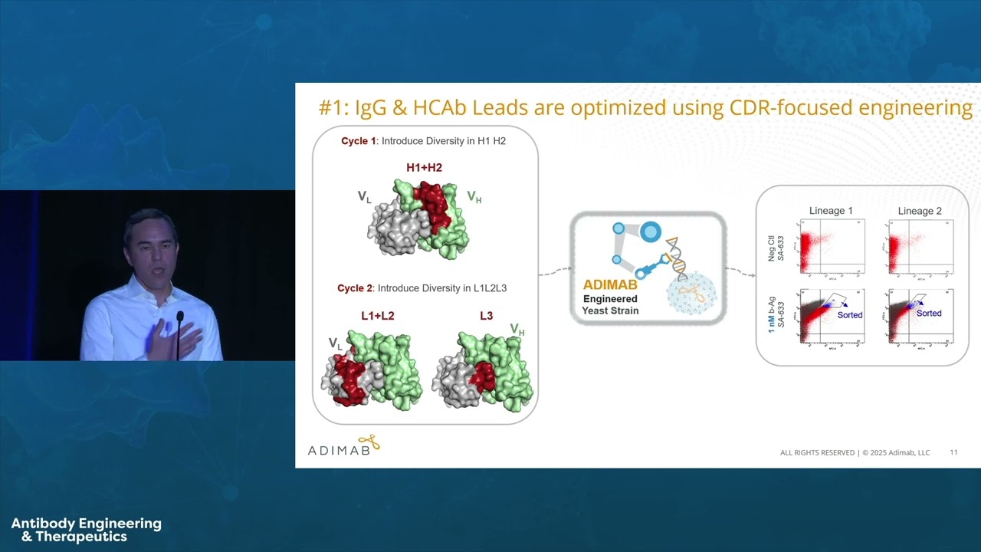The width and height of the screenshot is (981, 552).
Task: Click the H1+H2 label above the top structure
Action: [424, 167]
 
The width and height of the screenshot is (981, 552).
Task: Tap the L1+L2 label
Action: [377, 315]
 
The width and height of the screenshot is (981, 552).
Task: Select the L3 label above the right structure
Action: [487, 315]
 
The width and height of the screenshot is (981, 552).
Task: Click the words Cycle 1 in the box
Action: [359, 141]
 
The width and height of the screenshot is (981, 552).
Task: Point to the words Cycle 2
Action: [355, 288]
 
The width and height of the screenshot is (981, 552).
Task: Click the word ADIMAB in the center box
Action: [610, 285]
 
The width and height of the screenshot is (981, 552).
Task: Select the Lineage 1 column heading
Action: [831, 211]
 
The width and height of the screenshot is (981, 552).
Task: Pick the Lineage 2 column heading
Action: [920, 211]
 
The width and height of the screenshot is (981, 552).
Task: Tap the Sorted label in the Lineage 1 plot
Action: [849, 315]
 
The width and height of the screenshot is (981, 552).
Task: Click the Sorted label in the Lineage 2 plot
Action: [929, 313]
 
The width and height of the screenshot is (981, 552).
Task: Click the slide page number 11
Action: [953, 452]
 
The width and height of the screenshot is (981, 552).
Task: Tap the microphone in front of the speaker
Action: [179, 317]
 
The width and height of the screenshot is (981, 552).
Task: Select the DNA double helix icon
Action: [676, 258]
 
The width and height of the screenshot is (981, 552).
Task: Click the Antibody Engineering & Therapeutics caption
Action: [86, 530]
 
